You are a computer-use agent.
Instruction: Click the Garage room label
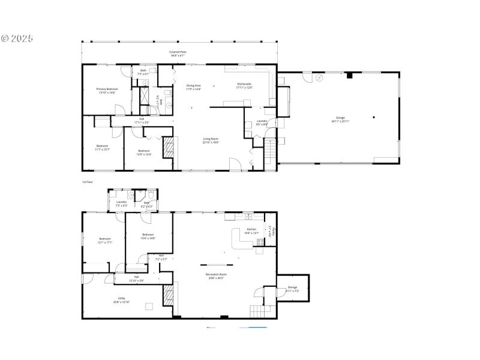coord(340,119)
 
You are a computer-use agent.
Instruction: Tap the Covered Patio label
coord(178,53)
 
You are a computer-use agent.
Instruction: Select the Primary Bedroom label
coord(107,91)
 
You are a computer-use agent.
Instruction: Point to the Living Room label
coord(210,140)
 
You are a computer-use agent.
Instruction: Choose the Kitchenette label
coord(244,85)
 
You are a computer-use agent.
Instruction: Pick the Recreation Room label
coord(216,277)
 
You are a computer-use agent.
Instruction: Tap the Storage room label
coord(292,289)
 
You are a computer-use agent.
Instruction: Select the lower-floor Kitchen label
coord(252,231)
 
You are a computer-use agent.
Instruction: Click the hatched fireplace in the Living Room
coord(169,147)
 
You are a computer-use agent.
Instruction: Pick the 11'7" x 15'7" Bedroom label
coord(103,148)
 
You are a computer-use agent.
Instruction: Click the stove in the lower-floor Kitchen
coord(260,242)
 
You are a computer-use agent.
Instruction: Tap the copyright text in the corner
coord(17,38)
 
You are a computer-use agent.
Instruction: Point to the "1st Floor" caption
coord(88,181)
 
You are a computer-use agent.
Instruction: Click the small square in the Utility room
coord(148,306)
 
